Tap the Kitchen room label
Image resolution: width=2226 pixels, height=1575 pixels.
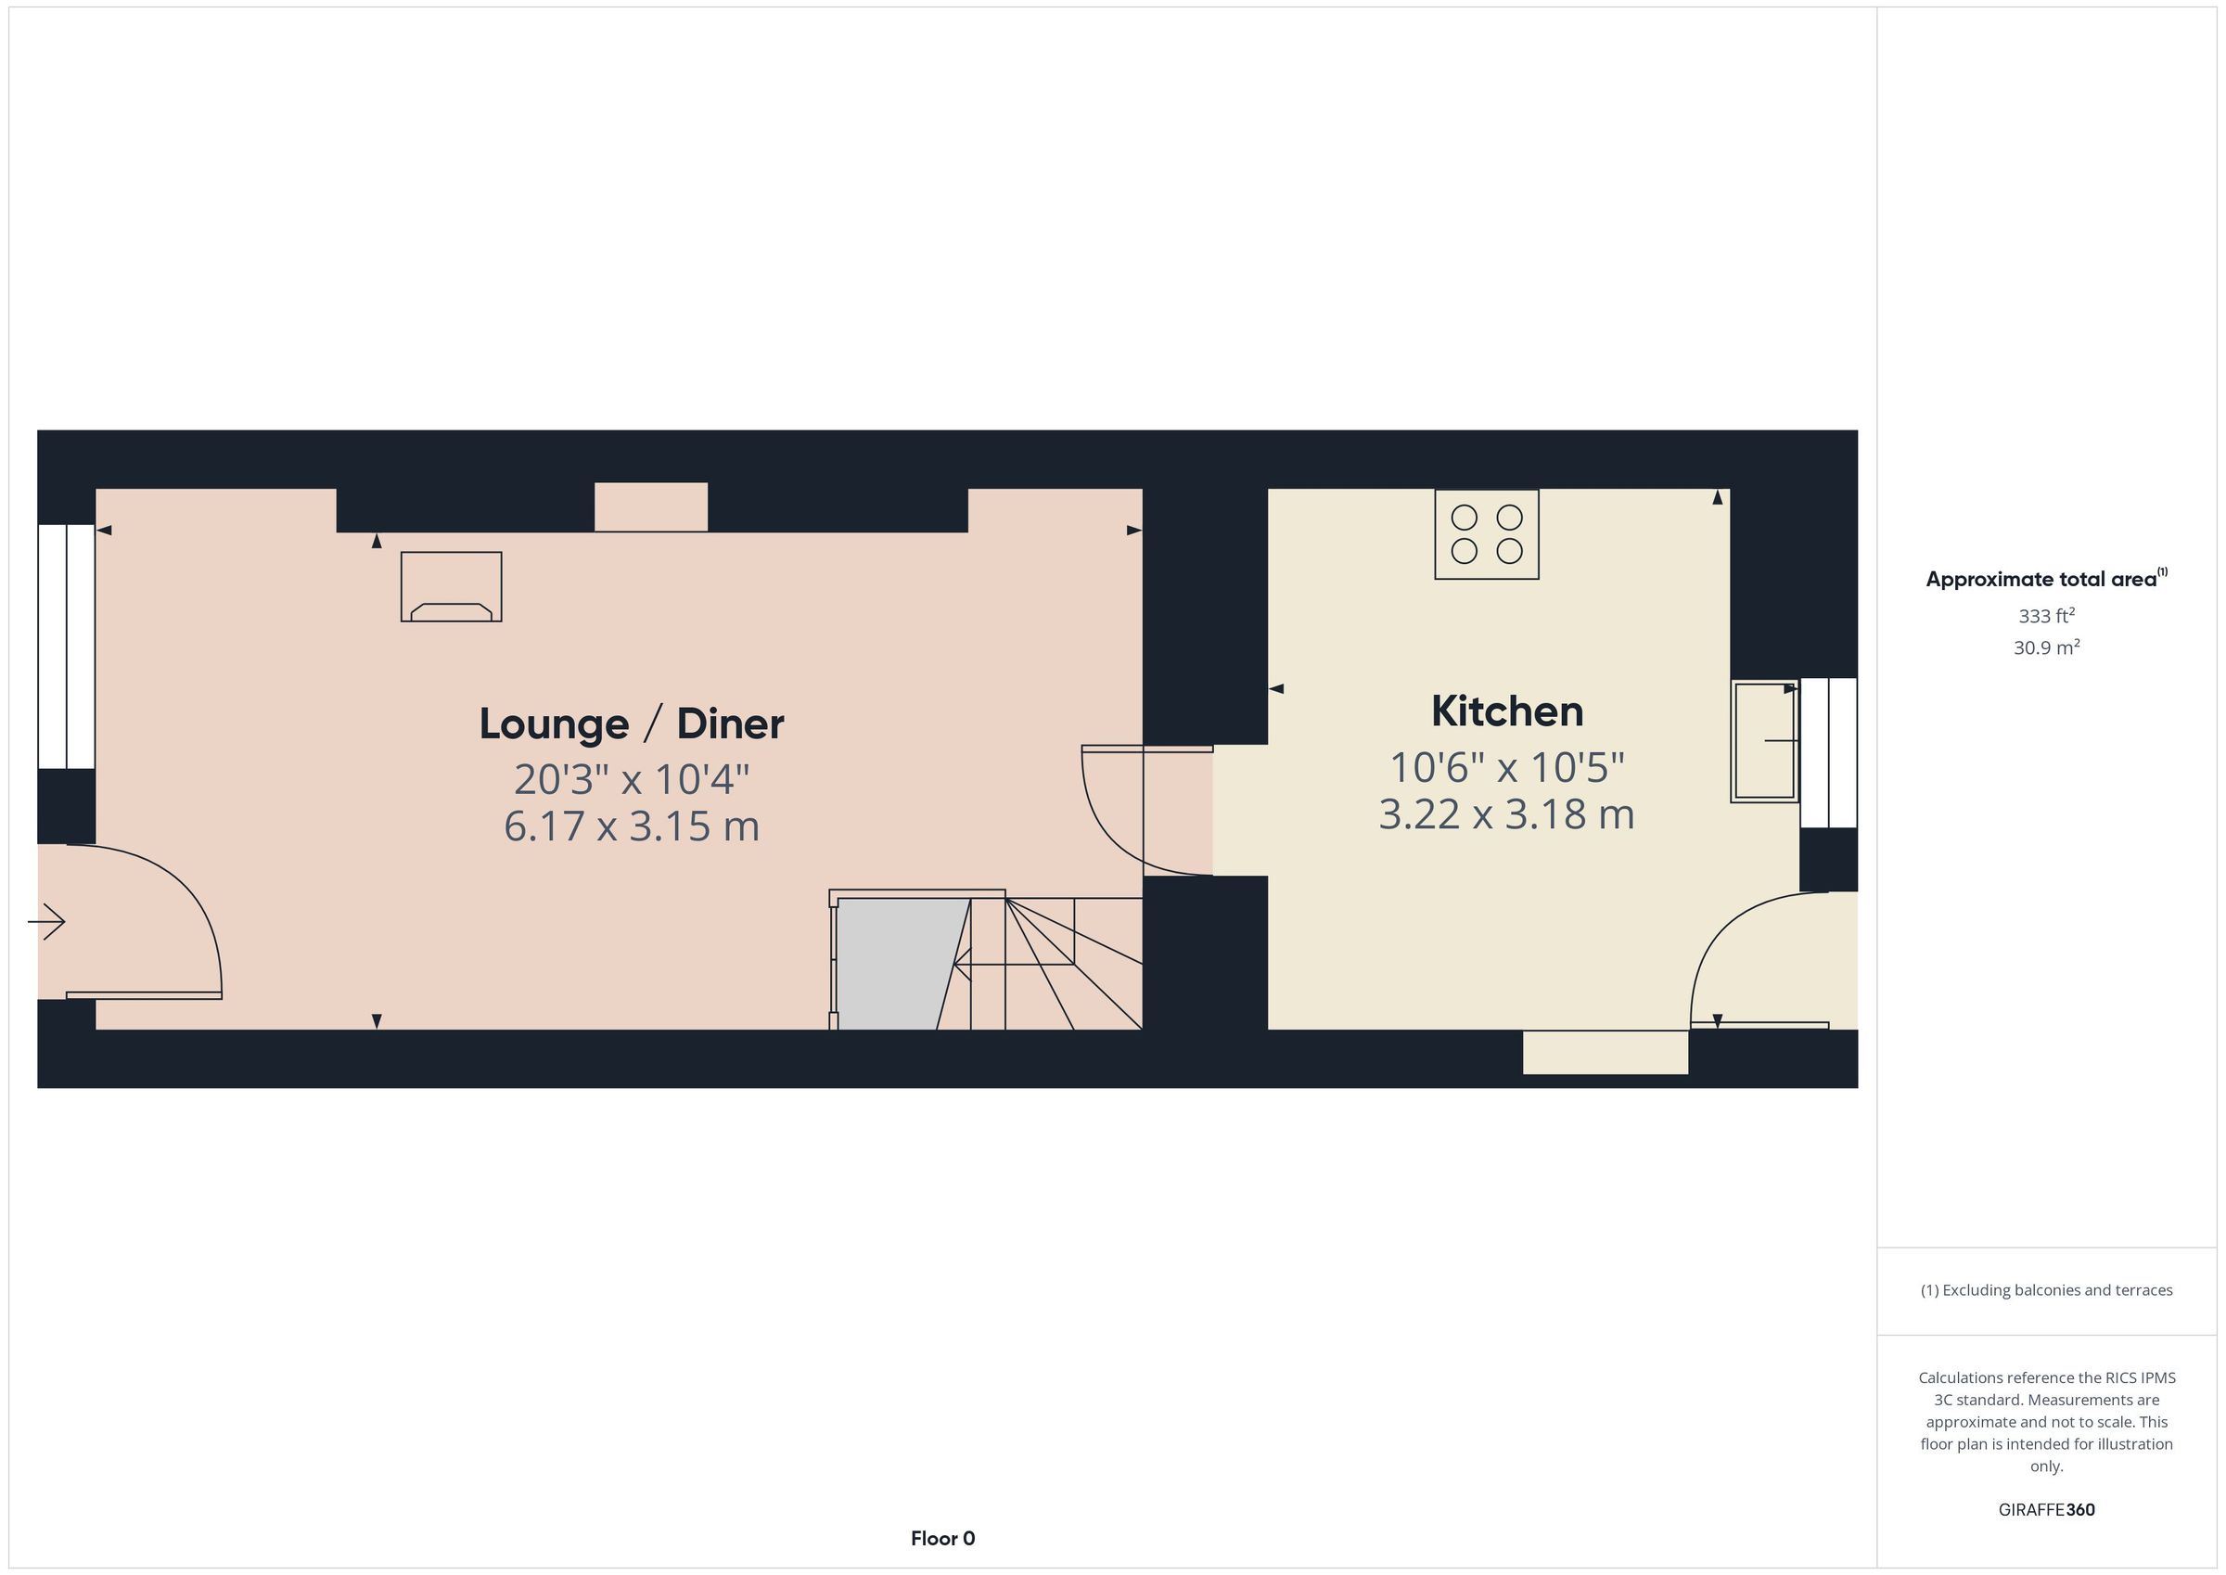pos(1506,711)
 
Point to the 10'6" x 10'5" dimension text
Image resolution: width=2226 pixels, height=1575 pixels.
pos(1506,767)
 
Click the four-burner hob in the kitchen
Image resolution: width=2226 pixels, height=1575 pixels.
pos(1486,534)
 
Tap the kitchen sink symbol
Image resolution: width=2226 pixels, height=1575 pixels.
pos(1764,741)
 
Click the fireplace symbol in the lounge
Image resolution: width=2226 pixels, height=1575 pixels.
pos(451,587)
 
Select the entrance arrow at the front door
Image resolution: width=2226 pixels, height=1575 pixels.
pos(45,920)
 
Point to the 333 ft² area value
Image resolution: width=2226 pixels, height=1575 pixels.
pos(2046,616)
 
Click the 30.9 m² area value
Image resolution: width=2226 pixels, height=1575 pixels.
pos(2046,647)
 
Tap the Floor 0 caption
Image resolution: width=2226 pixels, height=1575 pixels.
pos(942,1538)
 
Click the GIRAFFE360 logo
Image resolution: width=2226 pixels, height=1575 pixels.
pos(2046,1509)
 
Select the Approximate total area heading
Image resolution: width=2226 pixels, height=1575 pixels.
pos(2046,579)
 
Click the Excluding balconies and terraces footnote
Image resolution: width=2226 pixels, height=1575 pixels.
pos(2046,1290)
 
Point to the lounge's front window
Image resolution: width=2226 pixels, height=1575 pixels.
pos(66,647)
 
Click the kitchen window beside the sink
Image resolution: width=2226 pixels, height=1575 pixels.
pos(1828,752)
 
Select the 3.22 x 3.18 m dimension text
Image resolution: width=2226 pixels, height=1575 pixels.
pos(1506,814)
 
